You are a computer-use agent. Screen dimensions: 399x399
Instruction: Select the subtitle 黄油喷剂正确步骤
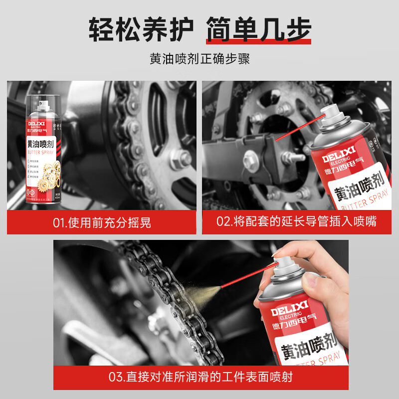click(x=199, y=58)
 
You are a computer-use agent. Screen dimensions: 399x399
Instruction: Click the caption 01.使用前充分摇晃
click(x=102, y=222)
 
